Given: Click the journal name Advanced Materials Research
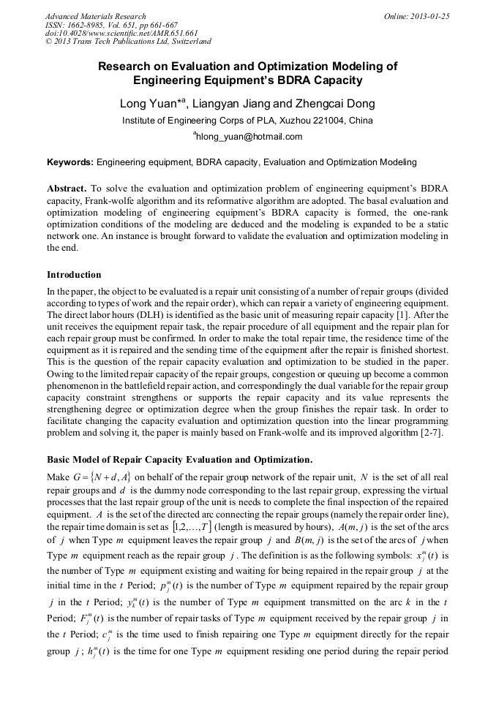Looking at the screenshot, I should point(95,16).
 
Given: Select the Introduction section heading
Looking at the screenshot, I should point(74,275).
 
